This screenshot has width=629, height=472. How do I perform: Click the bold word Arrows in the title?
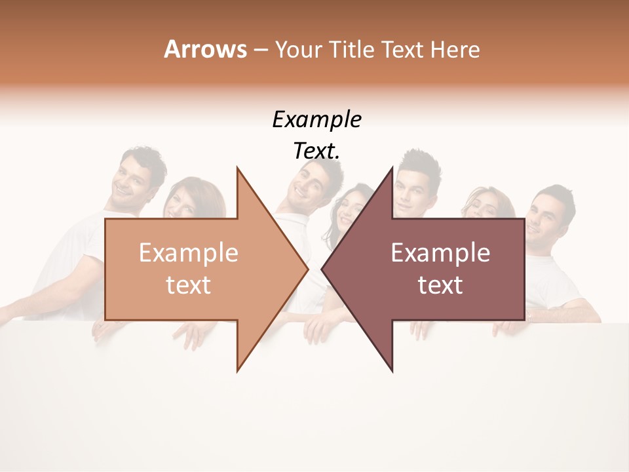(x=205, y=49)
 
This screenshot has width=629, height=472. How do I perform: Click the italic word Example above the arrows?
(x=316, y=120)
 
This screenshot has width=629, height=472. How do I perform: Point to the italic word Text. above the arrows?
(x=316, y=151)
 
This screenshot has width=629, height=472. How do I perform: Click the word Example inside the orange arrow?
(x=188, y=252)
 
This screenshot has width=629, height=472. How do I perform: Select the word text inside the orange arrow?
(x=188, y=285)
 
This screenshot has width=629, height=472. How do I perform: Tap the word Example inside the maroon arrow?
(x=440, y=252)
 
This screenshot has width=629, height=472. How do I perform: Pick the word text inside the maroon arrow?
(x=440, y=285)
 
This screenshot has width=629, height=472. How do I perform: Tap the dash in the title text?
(x=260, y=50)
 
